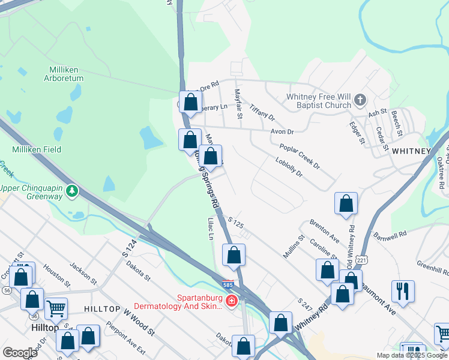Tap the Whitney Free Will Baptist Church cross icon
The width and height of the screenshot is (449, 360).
tap(360, 99)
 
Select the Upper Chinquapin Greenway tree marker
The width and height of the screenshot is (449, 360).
tap(73, 191)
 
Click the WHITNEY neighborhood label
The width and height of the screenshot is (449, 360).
tap(412, 151)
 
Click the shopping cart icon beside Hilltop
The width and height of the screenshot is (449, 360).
tap(56, 309)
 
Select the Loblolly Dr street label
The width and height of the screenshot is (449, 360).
tap(288, 166)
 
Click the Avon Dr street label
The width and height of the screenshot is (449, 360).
tap(282, 131)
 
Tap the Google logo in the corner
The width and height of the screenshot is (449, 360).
tap(19, 352)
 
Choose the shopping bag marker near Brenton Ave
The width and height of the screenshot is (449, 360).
tap(346, 203)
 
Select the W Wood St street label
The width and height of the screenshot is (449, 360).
tap(139, 322)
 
